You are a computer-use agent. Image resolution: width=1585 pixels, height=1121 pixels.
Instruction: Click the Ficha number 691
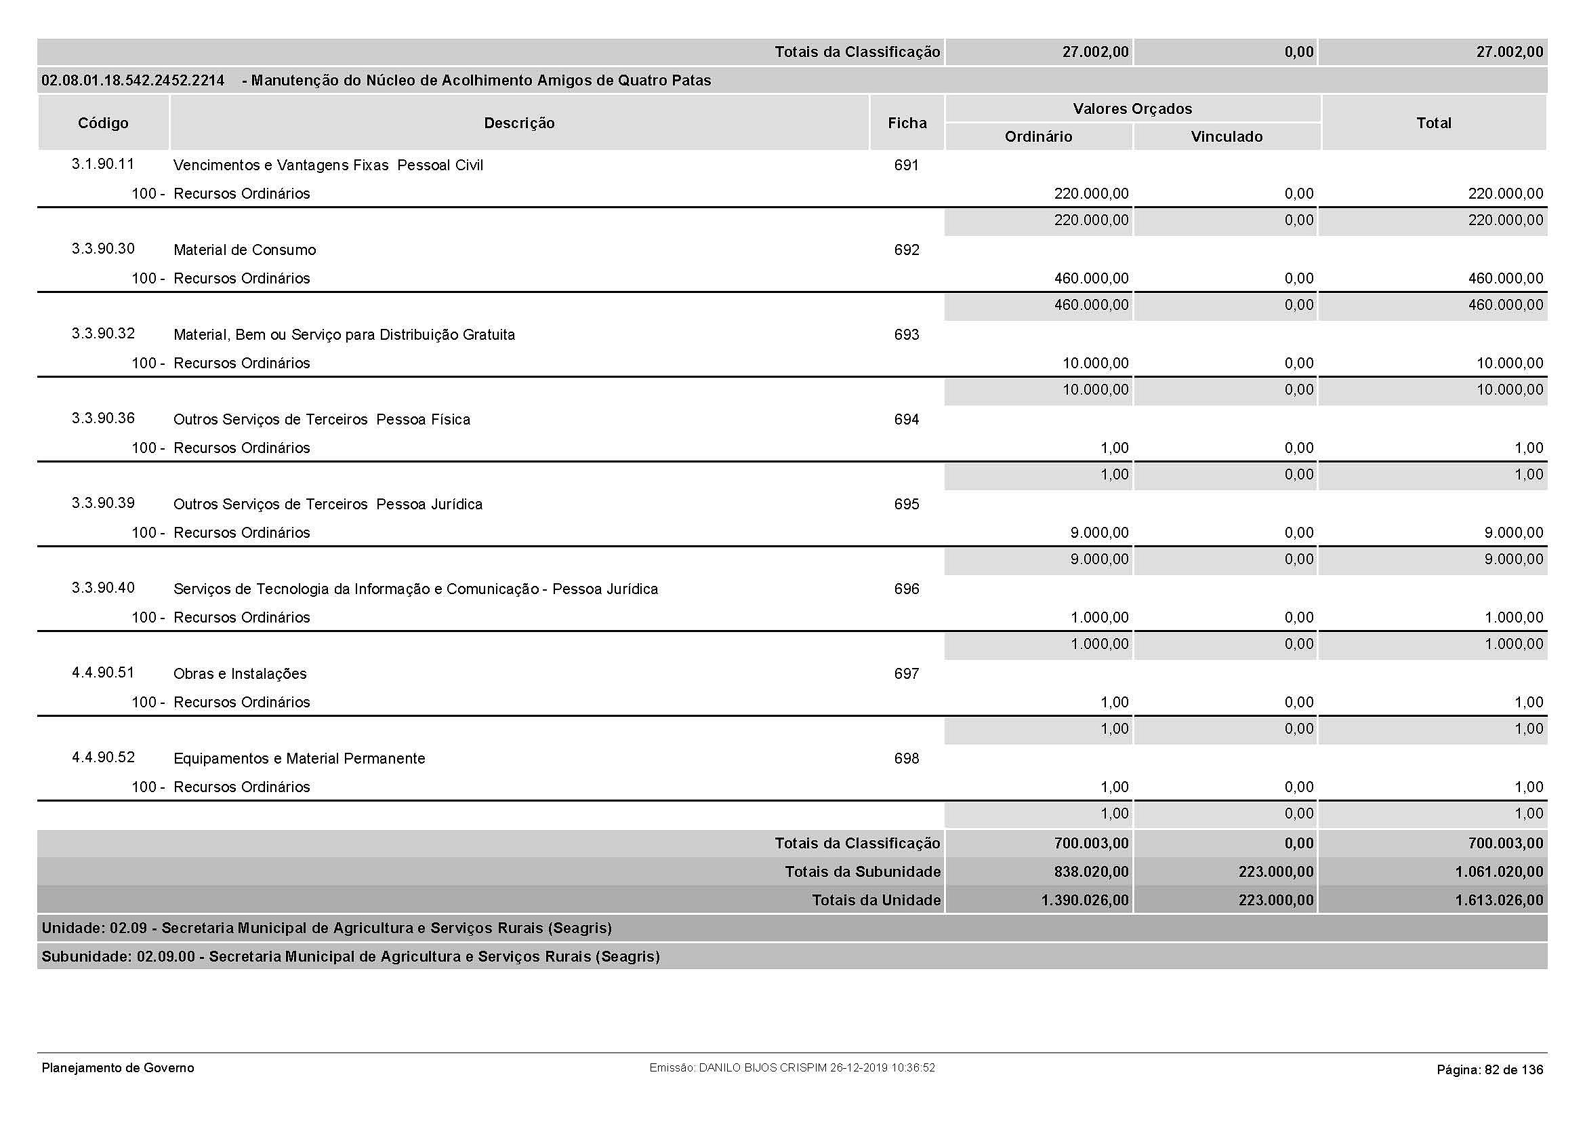pyautogui.click(x=906, y=165)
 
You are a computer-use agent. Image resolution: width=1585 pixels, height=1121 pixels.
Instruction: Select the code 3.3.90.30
pyautogui.click(x=103, y=249)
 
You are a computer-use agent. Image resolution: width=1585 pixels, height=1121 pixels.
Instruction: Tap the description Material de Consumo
pyautogui.click(x=245, y=250)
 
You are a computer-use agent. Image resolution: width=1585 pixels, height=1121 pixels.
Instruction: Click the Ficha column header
pyautogui.click(x=907, y=123)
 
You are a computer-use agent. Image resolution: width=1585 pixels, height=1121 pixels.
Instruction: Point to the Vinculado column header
pyautogui.click(x=1226, y=137)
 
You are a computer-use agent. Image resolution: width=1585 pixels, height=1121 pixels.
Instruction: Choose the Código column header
pyautogui.click(x=103, y=123)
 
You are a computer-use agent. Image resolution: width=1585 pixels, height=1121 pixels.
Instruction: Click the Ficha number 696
pyautogui.click(x=906, y=589)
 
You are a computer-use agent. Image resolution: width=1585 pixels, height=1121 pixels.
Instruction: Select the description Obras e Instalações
pyautogui.click(x=239, y=674)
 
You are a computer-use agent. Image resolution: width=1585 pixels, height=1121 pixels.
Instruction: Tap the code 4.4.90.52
pyautogui.click(x=103, y=758)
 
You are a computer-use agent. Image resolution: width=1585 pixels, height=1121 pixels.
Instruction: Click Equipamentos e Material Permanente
pyautogui.click(x=299, y=759)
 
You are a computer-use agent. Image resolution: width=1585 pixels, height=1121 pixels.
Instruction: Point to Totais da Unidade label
pyautogui.click(x=876, y=901)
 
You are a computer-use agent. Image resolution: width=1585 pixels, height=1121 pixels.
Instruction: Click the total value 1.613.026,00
pyautogui.click(x=1499, y=901)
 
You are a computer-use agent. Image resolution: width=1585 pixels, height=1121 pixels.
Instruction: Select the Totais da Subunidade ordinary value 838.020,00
pyautogui.click(x=1091, y=872)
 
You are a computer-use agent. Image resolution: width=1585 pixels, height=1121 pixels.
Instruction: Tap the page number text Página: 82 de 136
pyautogui.click(x=1489, y=1070)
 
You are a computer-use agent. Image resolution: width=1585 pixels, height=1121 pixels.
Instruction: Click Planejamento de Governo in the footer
pyautogui.click(x=117, y=1069)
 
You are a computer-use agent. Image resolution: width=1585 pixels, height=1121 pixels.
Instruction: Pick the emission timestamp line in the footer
pyautogui.click(x=791, y=1068)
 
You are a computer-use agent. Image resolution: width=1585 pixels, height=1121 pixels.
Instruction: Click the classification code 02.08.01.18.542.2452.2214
pyautogui.click(x=133, y=81)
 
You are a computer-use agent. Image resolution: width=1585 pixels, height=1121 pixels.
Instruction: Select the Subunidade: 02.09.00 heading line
pyautogui.click(x=350, y=958)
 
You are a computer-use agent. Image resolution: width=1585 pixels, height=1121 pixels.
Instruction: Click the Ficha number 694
pyautogui.click(x=906, y=420)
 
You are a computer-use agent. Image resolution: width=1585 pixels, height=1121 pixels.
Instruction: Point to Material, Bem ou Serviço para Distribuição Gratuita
pyautogui.click(x=344, y=335)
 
